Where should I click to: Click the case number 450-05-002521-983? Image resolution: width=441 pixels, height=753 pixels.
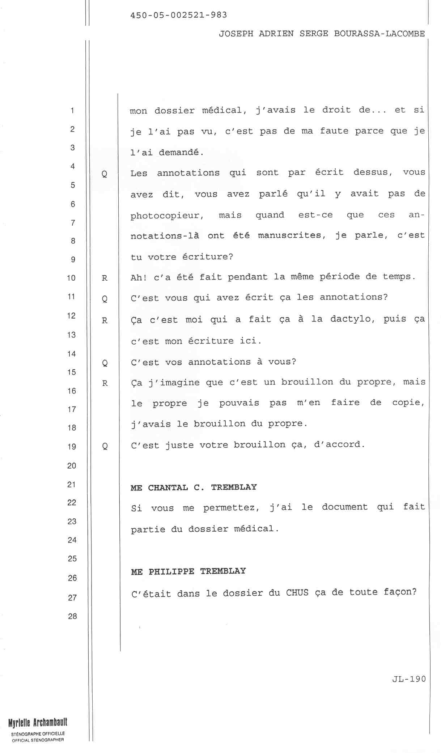coord(178,15)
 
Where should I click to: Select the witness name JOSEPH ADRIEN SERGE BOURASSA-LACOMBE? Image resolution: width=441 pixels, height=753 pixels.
coord(322,34)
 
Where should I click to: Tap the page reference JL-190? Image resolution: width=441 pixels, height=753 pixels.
coord(409,679)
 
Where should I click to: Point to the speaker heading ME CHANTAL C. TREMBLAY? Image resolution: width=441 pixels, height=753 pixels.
coord(194,488)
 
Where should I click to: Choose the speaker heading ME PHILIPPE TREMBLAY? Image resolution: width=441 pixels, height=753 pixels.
coord(188,571)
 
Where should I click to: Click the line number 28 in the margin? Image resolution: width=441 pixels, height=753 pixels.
coord(72,616)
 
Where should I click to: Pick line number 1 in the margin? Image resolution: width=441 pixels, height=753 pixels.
coord(72,110)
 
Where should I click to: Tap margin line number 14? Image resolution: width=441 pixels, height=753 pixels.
coord(72,354)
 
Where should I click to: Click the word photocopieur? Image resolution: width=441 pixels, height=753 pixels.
coord(167,216)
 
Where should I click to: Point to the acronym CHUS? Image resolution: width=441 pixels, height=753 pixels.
coord(297,593)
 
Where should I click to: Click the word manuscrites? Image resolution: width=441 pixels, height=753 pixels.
coord(292,236)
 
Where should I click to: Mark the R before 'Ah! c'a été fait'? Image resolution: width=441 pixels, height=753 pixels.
coord(105,278)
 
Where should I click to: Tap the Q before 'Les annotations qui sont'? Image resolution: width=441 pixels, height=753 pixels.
coord(104,174)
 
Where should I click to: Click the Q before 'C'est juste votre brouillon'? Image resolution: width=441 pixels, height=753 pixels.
coord(105,446)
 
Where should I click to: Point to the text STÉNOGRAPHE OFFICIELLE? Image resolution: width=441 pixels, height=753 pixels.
coord(38,734)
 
